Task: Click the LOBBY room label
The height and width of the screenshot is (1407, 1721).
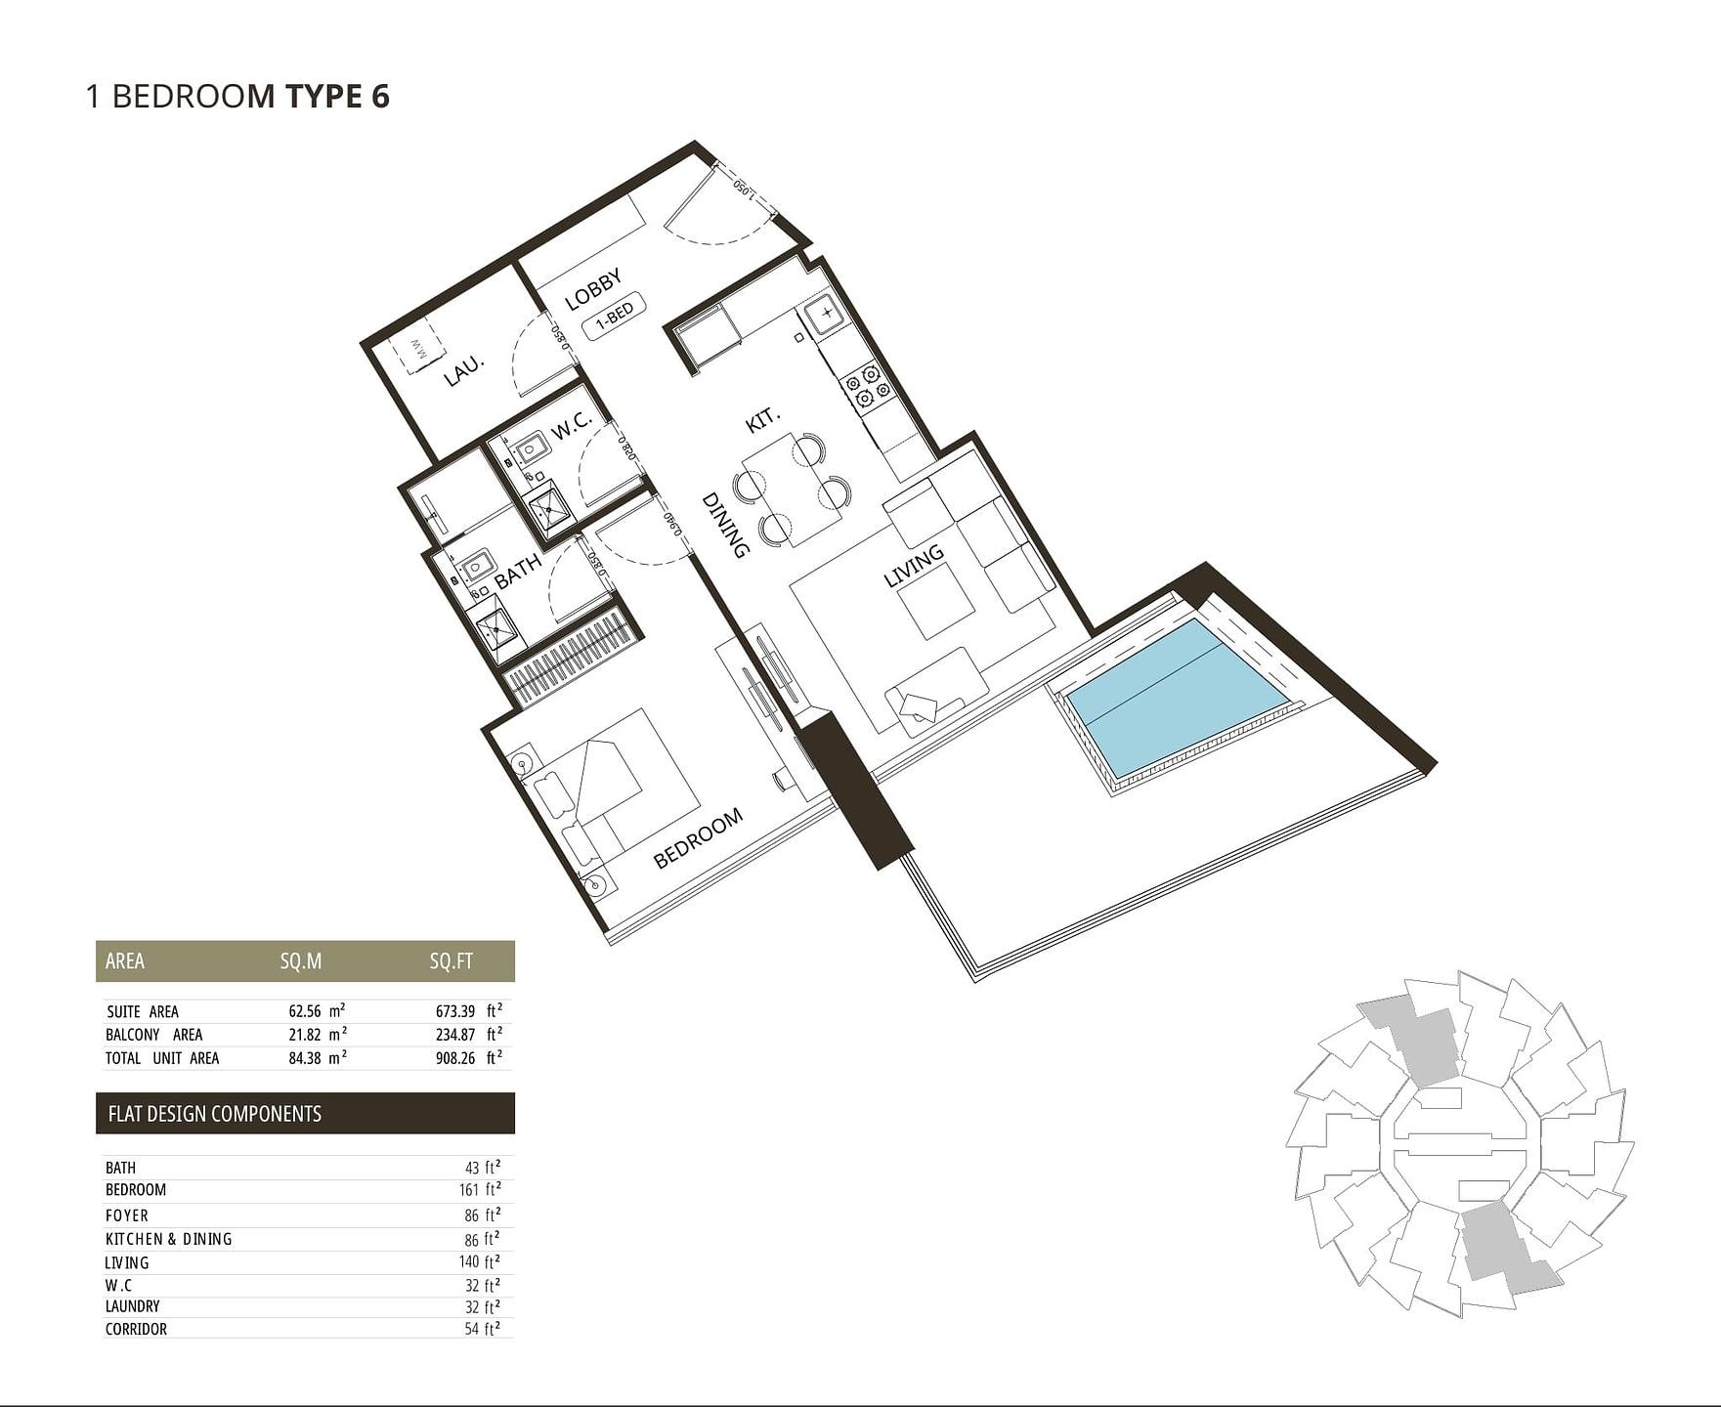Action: point(593,290)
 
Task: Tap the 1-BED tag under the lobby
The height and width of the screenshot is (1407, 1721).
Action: point(615,316)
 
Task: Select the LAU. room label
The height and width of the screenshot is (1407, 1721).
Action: point(464,370)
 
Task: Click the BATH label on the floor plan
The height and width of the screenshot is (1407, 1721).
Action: point(518,572)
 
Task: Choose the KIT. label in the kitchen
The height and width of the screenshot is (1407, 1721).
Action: point(763,420)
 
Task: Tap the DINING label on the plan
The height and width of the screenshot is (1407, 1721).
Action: point(726,525)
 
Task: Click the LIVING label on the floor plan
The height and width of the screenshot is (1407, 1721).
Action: point(914,566)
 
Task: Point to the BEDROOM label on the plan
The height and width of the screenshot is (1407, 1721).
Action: point(698,838)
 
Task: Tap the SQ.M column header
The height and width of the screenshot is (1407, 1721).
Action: point(301,961)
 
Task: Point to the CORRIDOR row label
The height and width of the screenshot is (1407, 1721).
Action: point(136,1329)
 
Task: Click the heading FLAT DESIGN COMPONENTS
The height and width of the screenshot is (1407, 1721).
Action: point(215,1114)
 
